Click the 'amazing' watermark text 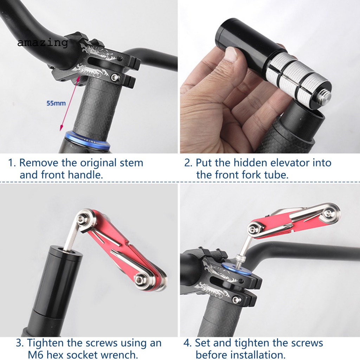tap(43, 43)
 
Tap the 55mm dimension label tap(56, 103)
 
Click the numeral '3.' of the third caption tap(20, 343)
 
